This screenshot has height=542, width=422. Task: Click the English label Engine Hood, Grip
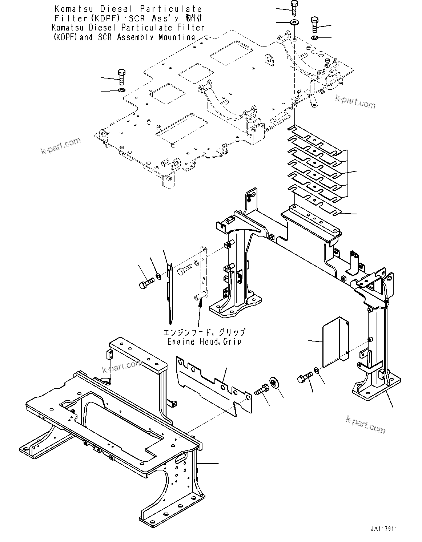click(204, 341)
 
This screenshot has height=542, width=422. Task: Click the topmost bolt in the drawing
click(294, 7)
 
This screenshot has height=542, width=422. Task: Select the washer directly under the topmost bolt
click(294, 23)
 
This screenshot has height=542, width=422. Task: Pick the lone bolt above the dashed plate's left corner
click(122, 77)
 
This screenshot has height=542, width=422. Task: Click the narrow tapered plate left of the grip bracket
click(170, 291)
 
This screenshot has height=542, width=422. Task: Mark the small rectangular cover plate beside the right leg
click(335, 342)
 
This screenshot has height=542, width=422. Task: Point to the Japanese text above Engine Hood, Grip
click(204, 332)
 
